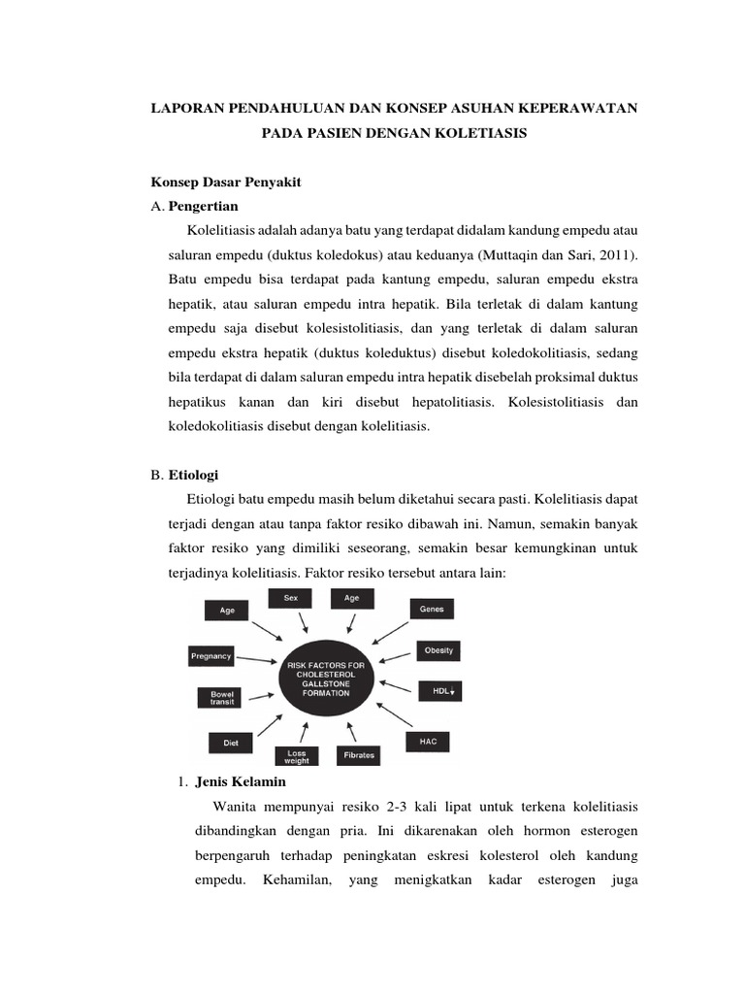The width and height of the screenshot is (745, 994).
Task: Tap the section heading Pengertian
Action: pos(203,207)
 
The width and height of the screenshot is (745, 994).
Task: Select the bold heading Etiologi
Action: pos(194,475)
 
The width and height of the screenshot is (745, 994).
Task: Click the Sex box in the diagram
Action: pos(291,599)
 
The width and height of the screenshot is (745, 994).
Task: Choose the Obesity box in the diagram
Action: pos(439,650)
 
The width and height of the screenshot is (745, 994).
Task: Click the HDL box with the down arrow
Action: pos(439,691)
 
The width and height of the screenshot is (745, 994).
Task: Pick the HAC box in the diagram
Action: pos(428,742)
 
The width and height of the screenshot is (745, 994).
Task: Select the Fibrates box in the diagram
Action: pos(358,754)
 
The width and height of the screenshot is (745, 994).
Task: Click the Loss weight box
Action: pos(297,756)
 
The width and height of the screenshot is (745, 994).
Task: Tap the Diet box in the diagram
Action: pos(231,743)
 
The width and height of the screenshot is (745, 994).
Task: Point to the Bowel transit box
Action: pos(215,698)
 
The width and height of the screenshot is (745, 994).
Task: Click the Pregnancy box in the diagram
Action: pos(211,656)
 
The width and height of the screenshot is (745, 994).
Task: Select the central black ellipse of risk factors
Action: pos(323,679)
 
